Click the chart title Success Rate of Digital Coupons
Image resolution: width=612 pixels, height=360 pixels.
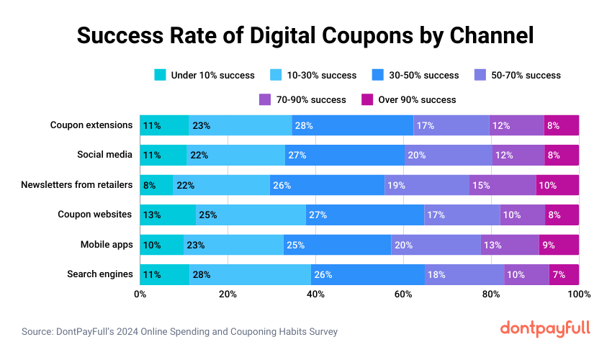(305, 35)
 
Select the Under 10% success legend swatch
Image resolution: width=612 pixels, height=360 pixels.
(161, 75)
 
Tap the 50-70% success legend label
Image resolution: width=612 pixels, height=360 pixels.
(525, 75)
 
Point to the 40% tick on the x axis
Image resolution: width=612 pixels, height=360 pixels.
(315, 294)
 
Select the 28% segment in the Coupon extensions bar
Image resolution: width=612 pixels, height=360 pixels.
(353, 125)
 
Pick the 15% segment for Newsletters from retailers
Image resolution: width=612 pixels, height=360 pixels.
(503, 185)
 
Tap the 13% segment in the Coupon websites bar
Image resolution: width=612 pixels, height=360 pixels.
(168, 215)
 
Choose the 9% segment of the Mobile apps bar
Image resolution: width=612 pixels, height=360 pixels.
(559, 245)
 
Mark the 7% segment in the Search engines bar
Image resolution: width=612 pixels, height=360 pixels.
(564, 274)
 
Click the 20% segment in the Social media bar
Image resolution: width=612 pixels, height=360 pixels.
(448, 155)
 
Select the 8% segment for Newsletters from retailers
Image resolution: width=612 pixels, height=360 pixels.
(156, 185)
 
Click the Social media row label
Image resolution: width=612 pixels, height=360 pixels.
(105, 155)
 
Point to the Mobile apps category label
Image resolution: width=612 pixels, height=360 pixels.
(107, 245)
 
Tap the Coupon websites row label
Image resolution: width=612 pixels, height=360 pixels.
(95, 215)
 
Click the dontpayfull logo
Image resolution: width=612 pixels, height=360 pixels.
(544, 328)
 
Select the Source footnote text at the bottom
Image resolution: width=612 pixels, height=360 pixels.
(179, 332)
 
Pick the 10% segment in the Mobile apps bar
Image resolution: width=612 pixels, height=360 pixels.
(161, 245)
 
